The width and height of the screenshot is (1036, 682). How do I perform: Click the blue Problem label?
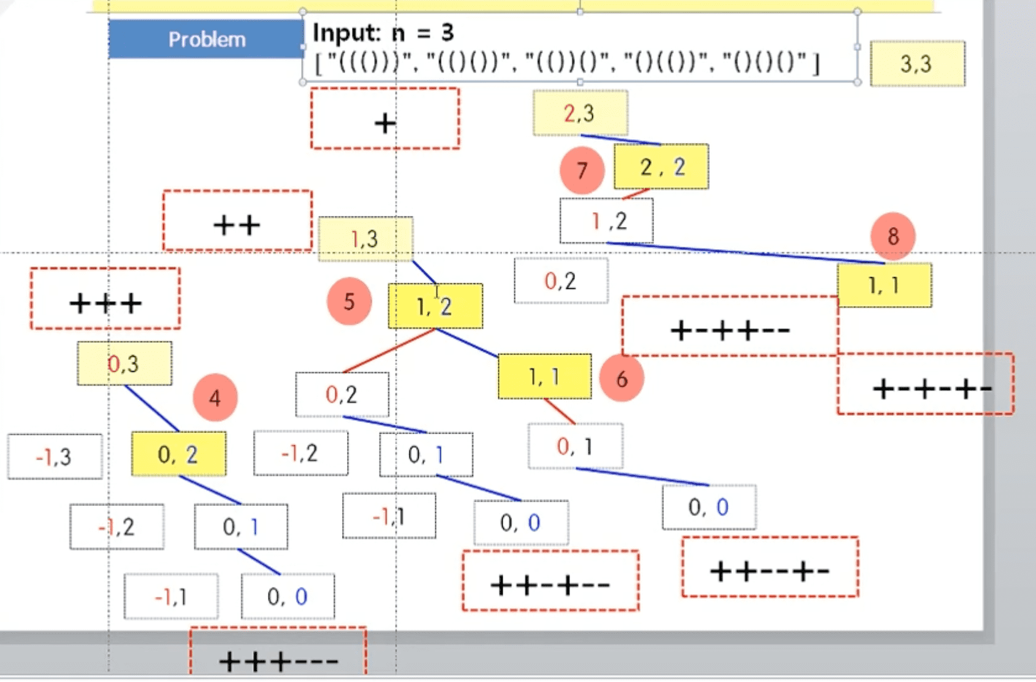pos(207,39)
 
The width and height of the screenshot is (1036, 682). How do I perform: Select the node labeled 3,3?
pos(916,64)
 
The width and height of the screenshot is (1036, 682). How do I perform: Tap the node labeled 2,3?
pos(580,113)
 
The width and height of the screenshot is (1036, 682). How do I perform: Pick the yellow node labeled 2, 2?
pos(661,167)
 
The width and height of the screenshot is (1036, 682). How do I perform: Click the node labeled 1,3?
pos(365,239)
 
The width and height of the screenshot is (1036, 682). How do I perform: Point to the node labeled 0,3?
pos(124,364)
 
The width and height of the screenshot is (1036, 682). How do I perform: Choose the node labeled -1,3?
pos(55,457)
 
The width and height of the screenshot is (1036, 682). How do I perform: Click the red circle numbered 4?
pos(215,398)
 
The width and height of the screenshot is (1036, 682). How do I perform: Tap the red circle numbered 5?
pos(349,301)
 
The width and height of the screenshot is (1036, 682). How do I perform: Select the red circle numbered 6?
pos(622,379)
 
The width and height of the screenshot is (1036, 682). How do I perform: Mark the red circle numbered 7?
pos(582,170)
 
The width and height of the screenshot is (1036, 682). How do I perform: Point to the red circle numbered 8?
pos(893,236)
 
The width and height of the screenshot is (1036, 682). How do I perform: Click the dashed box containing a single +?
pos(385,119)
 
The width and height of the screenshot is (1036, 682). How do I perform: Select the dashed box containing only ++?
pos(237,221)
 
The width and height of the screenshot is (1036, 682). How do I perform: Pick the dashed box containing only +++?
pos(105,299)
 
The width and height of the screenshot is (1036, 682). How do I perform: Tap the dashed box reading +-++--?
pos(729,326)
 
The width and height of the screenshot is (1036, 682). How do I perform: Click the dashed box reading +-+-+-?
pos(926,384)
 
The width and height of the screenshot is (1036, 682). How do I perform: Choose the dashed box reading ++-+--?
pos(550,581)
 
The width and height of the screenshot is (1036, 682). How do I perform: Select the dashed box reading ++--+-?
pos(770,567)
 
